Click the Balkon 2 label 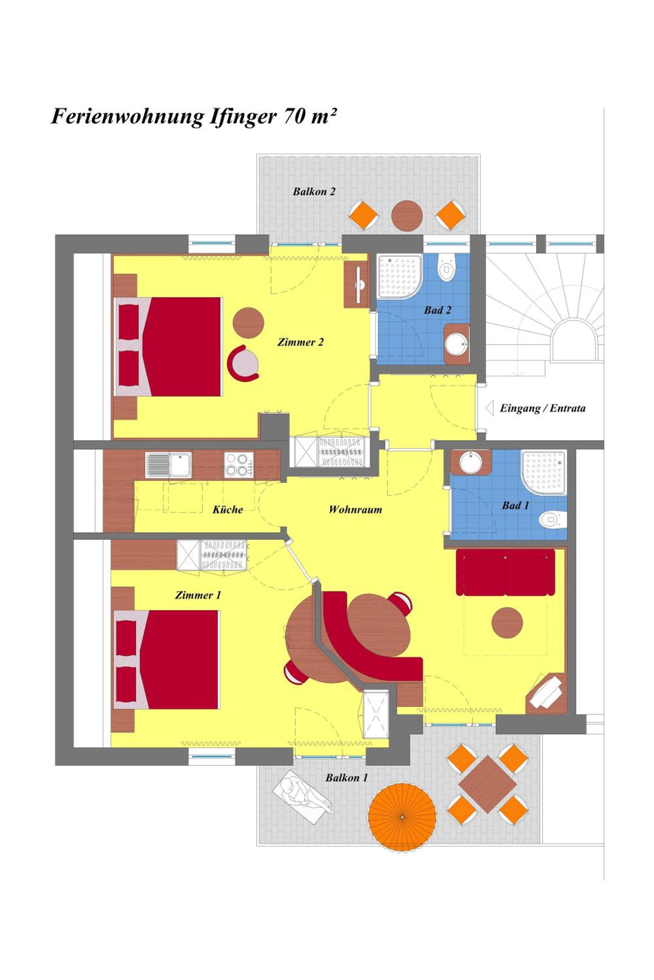314,192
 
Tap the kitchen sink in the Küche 168,465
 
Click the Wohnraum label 355,510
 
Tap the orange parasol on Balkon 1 403,818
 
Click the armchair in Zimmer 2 243,363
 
